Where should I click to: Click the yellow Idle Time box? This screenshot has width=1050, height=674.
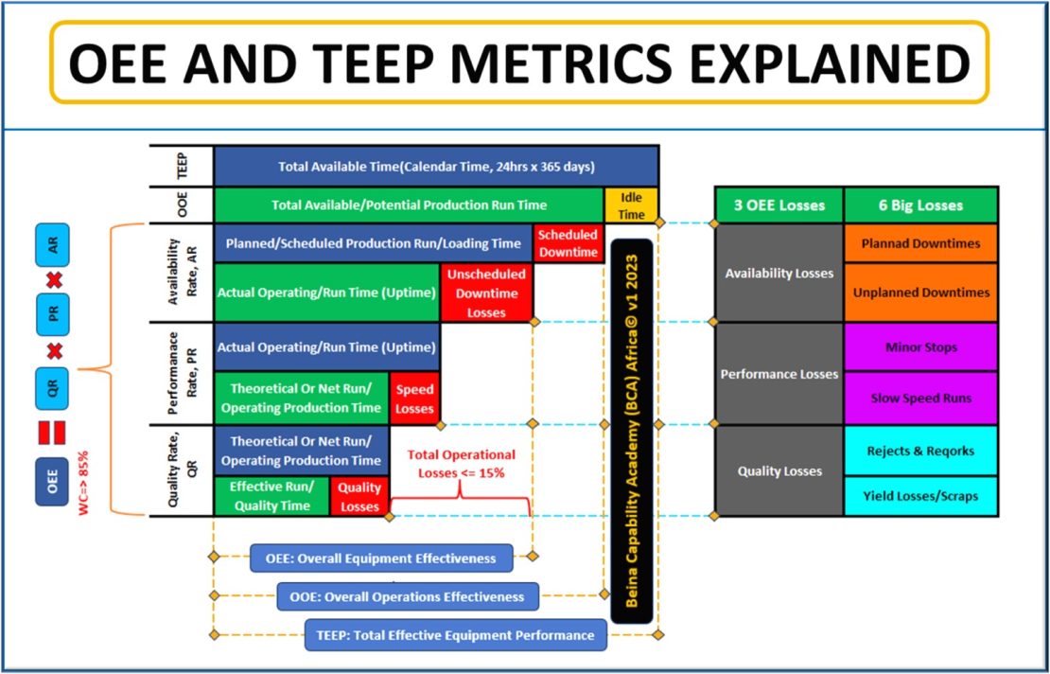tap(631, 204)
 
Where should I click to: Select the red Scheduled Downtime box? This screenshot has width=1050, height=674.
tap(568, 243)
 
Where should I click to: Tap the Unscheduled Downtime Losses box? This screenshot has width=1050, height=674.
tap(486, 293)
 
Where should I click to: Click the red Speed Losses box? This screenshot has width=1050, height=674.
tap(414, 399)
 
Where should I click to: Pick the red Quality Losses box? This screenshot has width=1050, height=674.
tap(359, 497)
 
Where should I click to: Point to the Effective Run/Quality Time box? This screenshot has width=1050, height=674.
tap(271, 497)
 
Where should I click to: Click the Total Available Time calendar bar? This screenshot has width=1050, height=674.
tap(436, 166)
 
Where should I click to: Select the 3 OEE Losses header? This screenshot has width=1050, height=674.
tap(779, 205)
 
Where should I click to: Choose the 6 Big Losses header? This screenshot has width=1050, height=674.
tap(920, 205)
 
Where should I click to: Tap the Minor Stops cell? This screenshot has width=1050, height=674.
tap(920, 346)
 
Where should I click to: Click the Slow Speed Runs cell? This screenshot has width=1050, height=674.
tap(920, 398)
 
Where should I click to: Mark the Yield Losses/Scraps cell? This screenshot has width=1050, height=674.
tap(920, 495)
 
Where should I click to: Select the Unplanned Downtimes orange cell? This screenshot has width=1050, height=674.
tap(920, 293)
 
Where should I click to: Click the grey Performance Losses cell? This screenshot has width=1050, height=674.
tap(779, 374)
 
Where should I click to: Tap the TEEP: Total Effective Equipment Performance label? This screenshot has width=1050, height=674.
tap(455, 635)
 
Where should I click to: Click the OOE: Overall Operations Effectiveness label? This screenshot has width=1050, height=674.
tap(408, 596)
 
